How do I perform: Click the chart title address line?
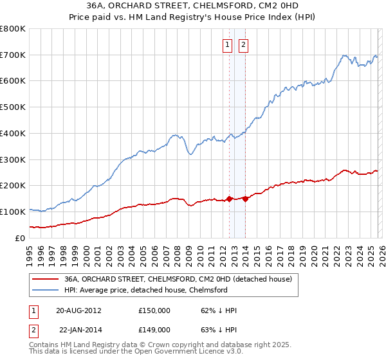coord(193,6)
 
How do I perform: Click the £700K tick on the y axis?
coord(13,55)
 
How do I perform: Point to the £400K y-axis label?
coord(13,134)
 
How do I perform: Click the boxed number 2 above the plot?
coord(244,45)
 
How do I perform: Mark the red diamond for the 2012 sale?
coord(229,199)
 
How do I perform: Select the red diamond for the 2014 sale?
coord(245,199)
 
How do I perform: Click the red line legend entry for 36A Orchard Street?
coord(178,279)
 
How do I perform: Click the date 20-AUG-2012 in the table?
coord(78,310)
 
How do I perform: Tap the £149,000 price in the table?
coord(154,329)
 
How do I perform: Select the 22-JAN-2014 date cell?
coord(78,329)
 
